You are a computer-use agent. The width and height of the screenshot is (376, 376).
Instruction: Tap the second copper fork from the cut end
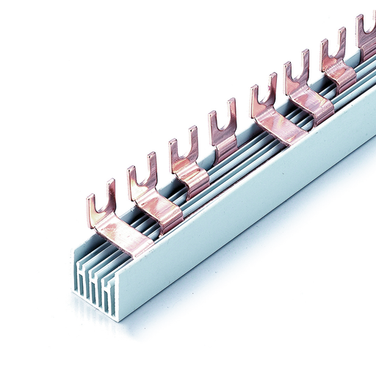point(144,184)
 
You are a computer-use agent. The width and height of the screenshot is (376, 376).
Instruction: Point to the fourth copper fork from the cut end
point(223,132)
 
